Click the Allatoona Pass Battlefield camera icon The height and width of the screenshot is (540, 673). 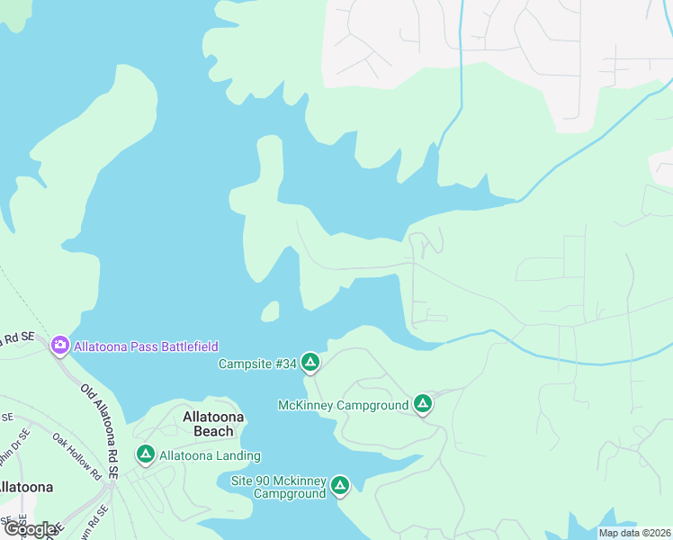click(x=60, y=345)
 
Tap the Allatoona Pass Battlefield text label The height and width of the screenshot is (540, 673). click(x=146, y=346)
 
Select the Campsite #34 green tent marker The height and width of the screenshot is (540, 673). click(x=310, y=363)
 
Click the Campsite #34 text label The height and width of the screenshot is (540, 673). click(x=257, y=364)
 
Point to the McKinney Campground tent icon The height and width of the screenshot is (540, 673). click(x=423, y=405)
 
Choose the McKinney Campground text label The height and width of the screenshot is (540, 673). click(x=344, y=405)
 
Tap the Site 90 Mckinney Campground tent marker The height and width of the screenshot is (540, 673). click(x=339, y=486)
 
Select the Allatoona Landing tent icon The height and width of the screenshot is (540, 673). click(x=145, y=455)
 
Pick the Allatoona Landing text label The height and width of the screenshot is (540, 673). click(x=210, y=456)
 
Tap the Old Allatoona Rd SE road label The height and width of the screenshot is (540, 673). click(x=99, y=431)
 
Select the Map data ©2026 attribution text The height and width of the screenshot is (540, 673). click(x=633, y=533)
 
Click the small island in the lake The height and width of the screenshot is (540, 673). click(x=269, y=311)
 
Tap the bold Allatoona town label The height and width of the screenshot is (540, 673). click(x=24, y=487)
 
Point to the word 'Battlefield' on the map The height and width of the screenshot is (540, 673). click(x=186, y=346)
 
